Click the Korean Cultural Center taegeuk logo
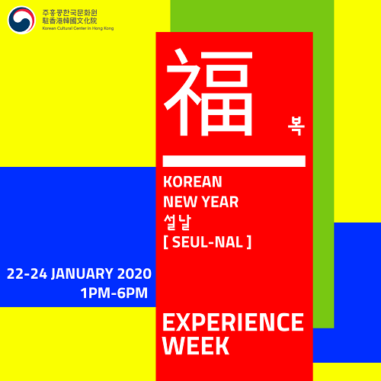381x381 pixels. [21, 20]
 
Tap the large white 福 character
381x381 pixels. [208, 92]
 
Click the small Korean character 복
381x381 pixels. [296, 126]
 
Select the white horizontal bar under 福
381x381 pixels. [234, 161]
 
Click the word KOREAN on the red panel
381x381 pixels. [193, 181]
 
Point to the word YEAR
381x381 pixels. [220, 202]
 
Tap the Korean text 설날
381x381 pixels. [177, 223]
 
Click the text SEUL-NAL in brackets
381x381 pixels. [207, 242]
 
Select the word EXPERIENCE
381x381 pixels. [233, 322]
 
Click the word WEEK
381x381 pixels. [196, 345]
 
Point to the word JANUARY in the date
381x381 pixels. [82, 274]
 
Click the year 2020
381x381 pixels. [134, 274]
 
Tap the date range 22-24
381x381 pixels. [27, 274]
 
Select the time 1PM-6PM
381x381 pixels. [114, 293]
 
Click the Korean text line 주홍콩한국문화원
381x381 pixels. [69, 13]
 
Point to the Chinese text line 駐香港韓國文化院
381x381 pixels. [69, 21]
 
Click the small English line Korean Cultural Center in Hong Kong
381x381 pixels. [78, 28]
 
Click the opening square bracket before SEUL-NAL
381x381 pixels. [165, 242]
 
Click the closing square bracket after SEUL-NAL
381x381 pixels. [249, 242]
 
